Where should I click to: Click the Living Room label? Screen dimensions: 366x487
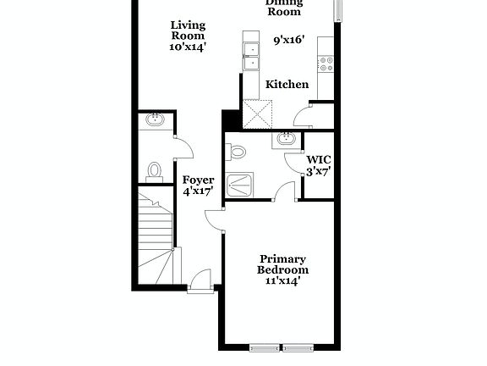point(188,30)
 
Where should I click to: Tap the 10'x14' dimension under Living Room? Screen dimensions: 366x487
point(188,47)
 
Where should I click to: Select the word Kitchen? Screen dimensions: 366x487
point(287,85)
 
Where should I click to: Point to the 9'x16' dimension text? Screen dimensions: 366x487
point(289,40)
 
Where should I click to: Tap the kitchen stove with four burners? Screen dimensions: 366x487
point(326,63)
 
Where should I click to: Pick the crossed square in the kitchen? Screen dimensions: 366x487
point(259,113)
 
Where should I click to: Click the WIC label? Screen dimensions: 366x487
point(318,158)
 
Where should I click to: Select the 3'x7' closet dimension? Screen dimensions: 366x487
point(318,170)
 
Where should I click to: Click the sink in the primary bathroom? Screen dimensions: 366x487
point(285,139)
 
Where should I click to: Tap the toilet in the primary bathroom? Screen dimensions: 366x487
point(237,152)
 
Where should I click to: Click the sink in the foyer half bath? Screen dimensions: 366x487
point(156,120)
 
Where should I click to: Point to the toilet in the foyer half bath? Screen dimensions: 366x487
point(154,171)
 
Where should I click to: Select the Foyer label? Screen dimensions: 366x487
point(199,180)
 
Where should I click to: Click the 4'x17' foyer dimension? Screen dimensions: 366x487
point(199,192)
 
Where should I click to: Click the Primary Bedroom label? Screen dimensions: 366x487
point(283,264)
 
